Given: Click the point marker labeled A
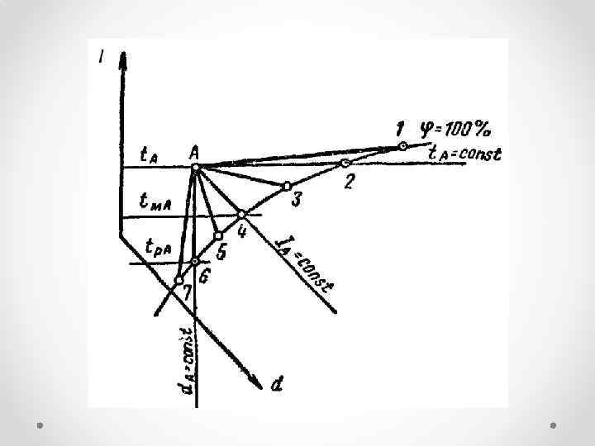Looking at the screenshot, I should [195, 168].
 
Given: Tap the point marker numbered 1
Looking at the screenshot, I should [402, 146].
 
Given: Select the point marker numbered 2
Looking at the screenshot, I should [345, 163].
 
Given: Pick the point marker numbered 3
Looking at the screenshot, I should [287, 186].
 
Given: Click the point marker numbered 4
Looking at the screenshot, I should [242, 214].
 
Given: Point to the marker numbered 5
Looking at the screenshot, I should [218, 236].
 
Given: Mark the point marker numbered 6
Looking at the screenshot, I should [195, 262].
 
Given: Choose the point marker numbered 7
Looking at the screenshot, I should [178, 281].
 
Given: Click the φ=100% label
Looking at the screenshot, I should [455, 129].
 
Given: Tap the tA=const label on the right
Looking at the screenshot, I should [464, 154].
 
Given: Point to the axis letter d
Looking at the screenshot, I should [279, 383].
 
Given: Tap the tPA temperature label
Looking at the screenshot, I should [158, 246].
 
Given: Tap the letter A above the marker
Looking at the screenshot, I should [194, 152].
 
